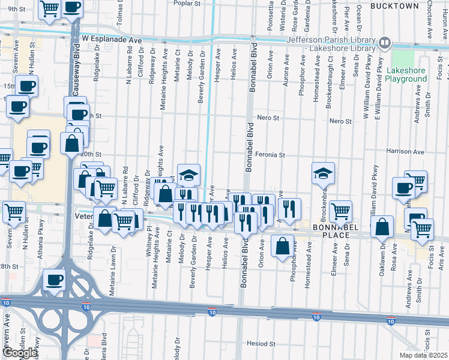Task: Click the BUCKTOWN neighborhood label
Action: tap(394, 5)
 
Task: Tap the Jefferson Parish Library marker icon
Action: tap(384, 43)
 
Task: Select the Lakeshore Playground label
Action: tap(406, 74)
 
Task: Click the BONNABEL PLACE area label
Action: tap(330, 231)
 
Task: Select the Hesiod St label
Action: tap(261, 344)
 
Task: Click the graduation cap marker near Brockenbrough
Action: tap(322, 173)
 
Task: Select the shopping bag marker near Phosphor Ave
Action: tap(282, 245)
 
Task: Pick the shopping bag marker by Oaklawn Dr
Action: tap(382, 227)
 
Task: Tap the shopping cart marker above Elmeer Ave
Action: tap(341, 211)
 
